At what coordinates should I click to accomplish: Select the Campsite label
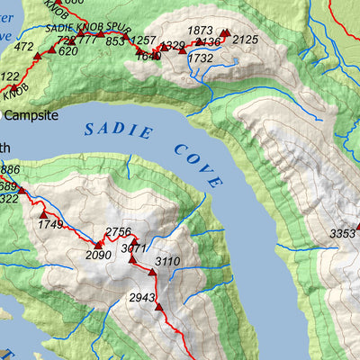(x=31, y=116)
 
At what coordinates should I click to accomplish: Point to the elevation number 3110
(x=168, y=262)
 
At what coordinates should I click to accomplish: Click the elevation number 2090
(x=98, y=255)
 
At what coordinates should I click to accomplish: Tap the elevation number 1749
(x=50, y=224)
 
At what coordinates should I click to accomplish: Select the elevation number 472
(x=24, y=46)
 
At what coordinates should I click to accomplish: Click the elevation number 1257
(x=143, y=41)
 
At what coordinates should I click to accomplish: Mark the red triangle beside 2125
(x=226, y=33)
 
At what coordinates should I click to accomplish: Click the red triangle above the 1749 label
(x=42, y=213)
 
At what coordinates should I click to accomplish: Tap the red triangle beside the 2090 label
(x=97, y=244)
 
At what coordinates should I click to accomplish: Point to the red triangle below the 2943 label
(x=158, y=307)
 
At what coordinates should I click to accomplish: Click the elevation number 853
(x=114, y=41)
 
